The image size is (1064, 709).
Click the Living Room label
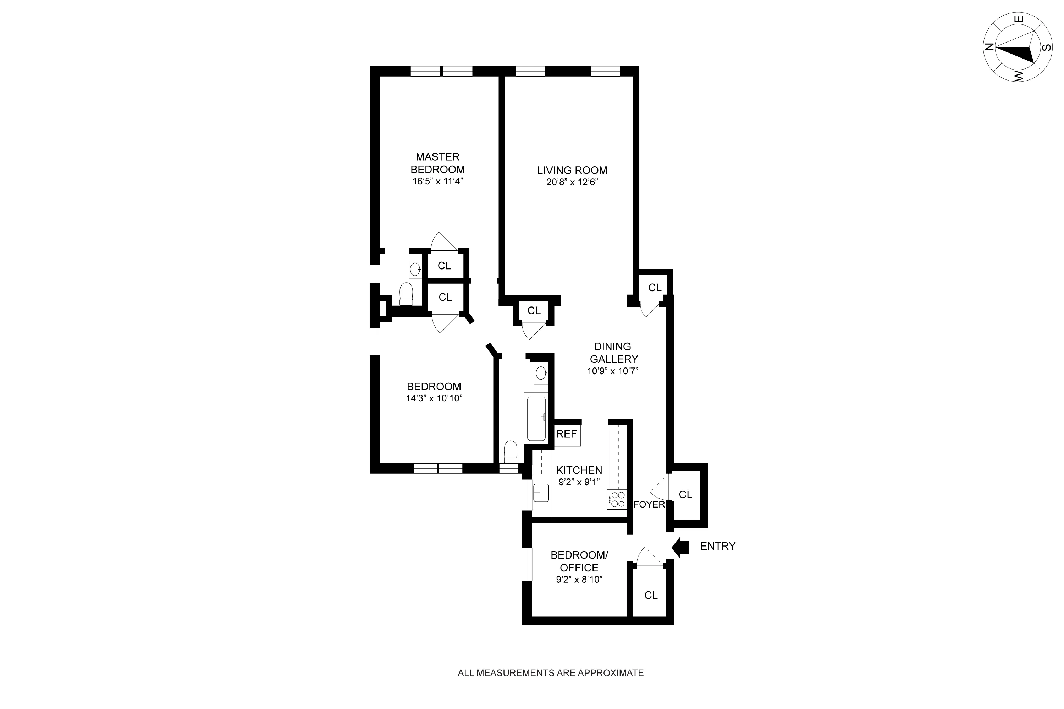coord(572,171)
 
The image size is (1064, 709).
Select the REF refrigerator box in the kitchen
coord(567,434)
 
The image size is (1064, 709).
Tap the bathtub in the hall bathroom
coord(536,418)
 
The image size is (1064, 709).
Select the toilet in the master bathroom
coord(406,294)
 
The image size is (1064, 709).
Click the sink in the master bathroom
coord(415,270)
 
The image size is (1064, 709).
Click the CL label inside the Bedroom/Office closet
coord(651,596)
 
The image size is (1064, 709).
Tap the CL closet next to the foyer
coord(685,495)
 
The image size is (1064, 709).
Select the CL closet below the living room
coord(534,311)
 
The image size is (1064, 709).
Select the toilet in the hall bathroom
coord(510,452)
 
